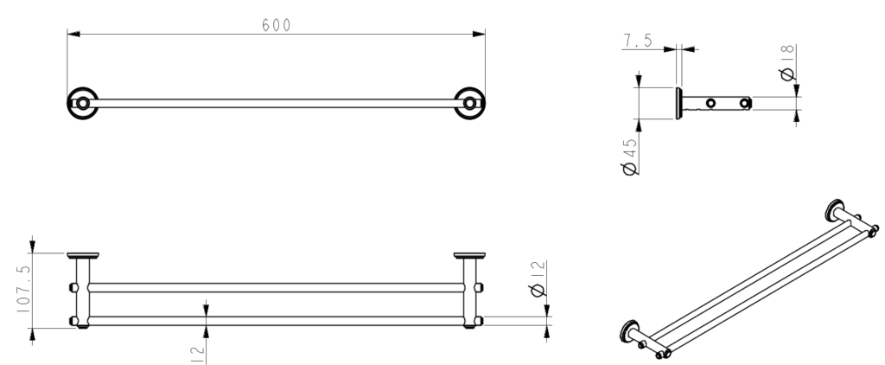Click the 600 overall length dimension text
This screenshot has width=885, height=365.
pos(277,25)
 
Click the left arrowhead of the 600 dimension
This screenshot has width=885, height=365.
pos(74,35)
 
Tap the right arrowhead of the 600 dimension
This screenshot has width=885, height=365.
pos(478,35)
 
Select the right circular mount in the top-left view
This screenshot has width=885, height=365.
pos(470,103)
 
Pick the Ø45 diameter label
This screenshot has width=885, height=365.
pos(630,156)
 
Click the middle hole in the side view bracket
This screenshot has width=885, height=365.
pos(710,104)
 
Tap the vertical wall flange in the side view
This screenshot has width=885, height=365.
pos(679,103)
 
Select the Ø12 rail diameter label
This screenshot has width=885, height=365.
pos(538,279)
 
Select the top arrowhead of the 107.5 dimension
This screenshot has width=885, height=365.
pos(33,245)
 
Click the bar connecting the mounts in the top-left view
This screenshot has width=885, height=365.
pos(277,103)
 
